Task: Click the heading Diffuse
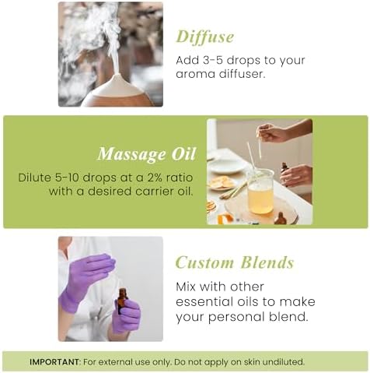click(204, 37)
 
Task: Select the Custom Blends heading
click(234, 262)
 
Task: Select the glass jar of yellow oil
click(260, 192)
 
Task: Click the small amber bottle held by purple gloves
click(122, 300)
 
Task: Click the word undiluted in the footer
click(282, 361)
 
